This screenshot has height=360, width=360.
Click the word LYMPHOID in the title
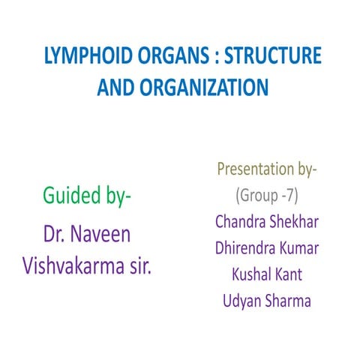point(78,57)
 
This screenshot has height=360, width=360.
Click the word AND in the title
point(115,88)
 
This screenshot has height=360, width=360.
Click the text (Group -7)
point(268,196)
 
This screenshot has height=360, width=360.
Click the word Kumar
point(300,248)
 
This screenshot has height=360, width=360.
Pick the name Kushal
point(249,274)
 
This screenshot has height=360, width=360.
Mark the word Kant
point(289,274)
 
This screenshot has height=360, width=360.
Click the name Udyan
point(244,301)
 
